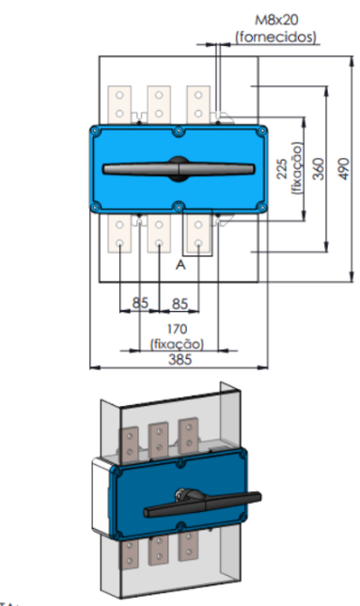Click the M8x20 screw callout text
(x=276, y=20)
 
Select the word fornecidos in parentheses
(x=276, y=37)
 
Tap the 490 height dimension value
(x=344, y=168)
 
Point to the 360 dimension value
(x=319, y=168)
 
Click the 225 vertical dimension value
(x=283, y=168)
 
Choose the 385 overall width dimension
(x=180, y=360)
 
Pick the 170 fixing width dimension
(x=177, y=329)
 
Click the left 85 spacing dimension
(x=140, y=303)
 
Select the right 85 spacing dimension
(x=180, y=303)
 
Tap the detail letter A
(x=180, y=265)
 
